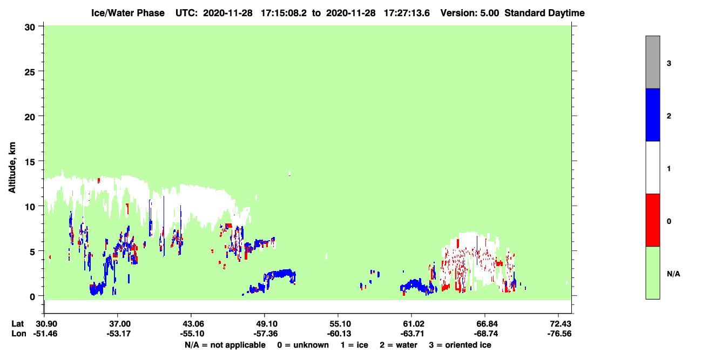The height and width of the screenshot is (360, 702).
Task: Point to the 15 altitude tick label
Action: tap(30, 162)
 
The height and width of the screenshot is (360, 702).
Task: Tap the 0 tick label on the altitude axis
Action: tap(32, 297)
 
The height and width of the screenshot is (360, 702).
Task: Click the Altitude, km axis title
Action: tap(12, 168)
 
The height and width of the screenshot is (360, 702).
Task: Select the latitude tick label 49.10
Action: tap(265, 324)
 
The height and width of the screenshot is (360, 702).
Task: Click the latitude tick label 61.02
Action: tap(411, 324)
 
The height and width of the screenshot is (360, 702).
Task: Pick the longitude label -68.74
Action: tap(485, 334)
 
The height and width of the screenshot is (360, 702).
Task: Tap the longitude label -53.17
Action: tap(118, 334)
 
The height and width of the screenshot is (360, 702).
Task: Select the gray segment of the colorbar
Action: tap(652, 62)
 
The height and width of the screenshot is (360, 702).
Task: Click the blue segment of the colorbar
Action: tap(652, 114)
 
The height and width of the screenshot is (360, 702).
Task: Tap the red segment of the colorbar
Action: tap(652, 220)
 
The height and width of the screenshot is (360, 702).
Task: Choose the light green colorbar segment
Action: tap(652, 273)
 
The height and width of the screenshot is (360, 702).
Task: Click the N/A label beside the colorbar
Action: tap(673, 274)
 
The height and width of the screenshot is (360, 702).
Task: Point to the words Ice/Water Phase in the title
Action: tap(128, 13)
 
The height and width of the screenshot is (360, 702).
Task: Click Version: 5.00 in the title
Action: tap(469, 13)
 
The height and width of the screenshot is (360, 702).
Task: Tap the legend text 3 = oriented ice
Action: tap(460, 345)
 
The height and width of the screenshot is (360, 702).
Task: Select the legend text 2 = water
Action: tap(399, 345)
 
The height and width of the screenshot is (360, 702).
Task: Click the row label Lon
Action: tap(19, 334)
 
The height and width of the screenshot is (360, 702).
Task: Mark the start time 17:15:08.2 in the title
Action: tap(283, 13)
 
